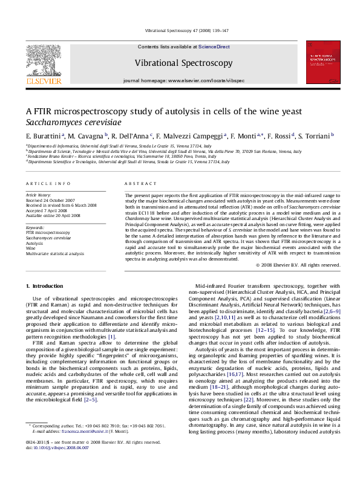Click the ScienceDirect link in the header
pos(214,47)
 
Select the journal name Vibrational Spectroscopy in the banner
pos(183,63)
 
